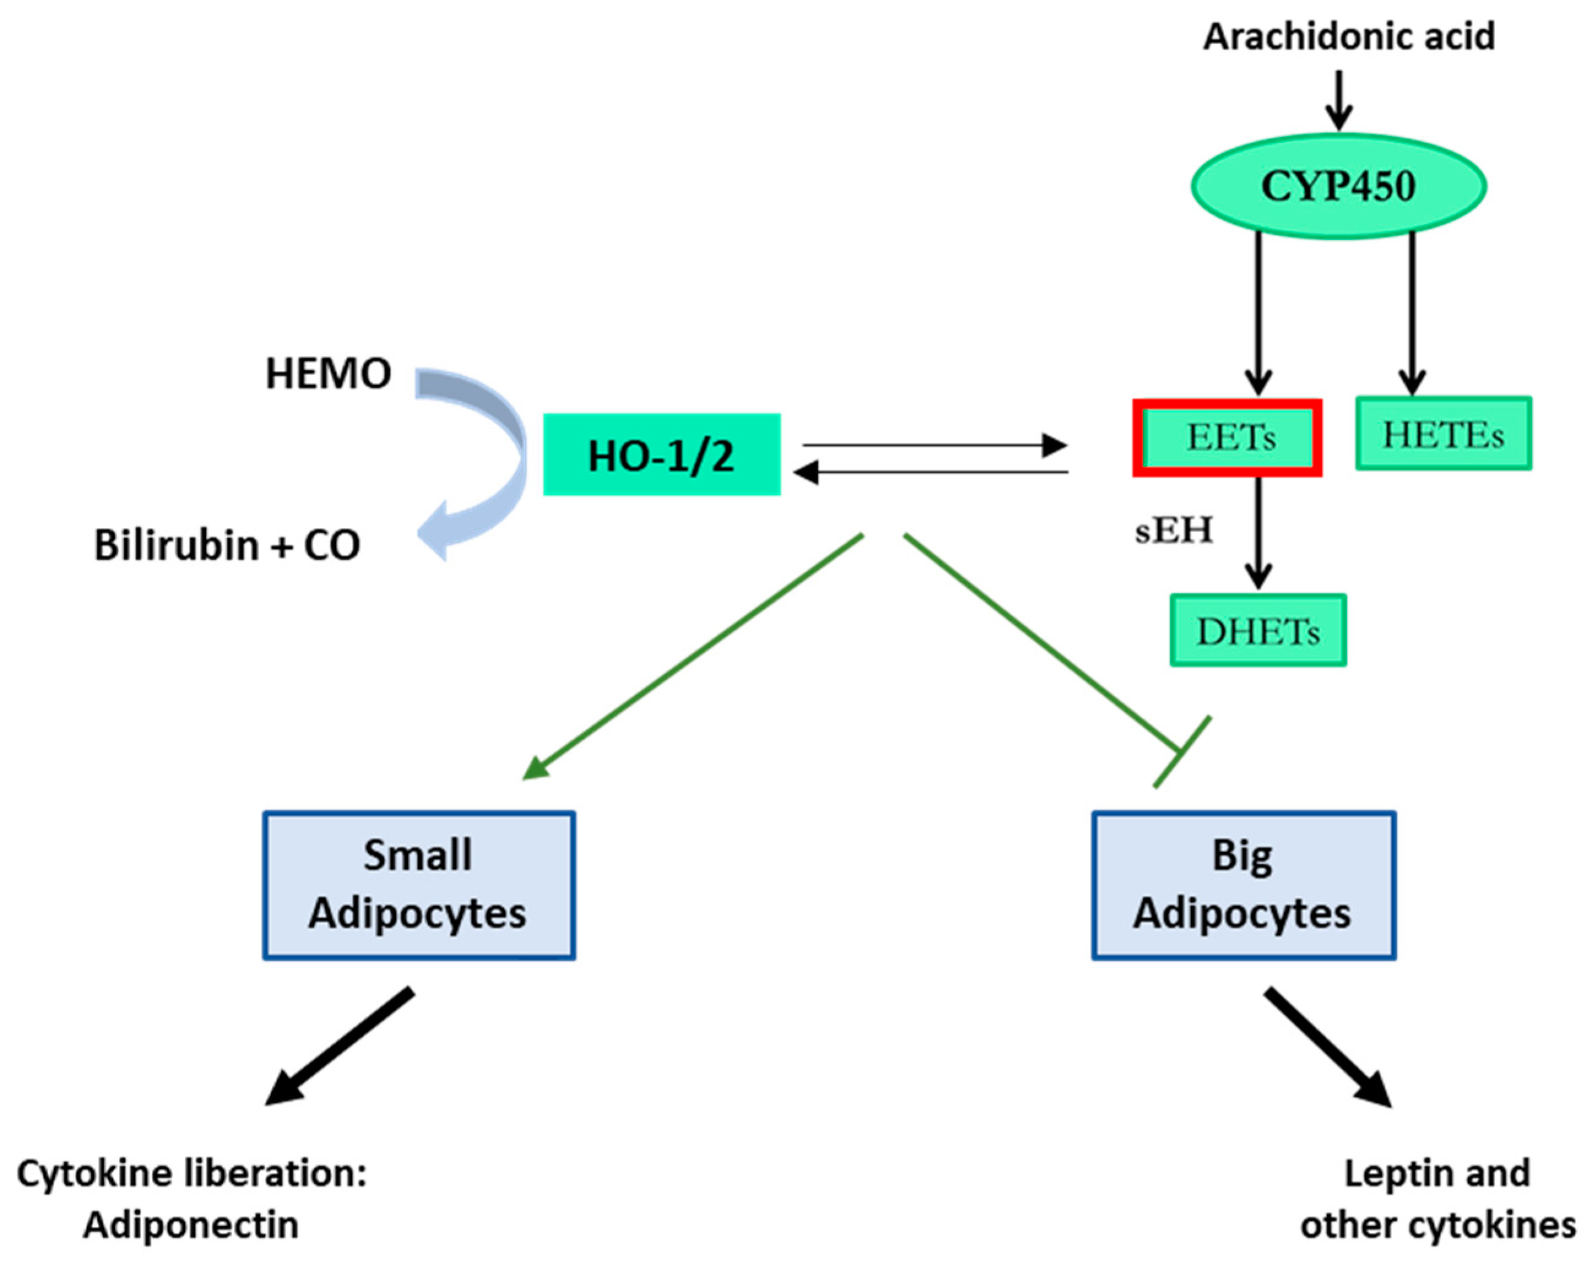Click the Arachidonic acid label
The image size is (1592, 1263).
(1349, 37)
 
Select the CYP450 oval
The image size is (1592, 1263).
(1338, 186)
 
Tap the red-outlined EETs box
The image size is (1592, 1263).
(1227, 437)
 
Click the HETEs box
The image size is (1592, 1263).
(1443, 433)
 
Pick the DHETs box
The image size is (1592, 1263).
(1257, 630)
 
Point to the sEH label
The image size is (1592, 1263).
(1173, 530)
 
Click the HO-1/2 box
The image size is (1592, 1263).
(661, 454)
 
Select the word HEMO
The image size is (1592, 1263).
(328, 373)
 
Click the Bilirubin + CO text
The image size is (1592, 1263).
(227, 545)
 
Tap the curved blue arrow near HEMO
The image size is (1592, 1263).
(487, 458)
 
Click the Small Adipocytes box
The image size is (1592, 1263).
(419, 885)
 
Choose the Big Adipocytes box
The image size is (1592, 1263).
(1243, 885)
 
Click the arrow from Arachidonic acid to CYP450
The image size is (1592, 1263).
(1338, 100)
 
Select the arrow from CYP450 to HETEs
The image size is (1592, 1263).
(1412, 314)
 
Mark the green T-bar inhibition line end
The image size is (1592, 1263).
(1181, 751)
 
